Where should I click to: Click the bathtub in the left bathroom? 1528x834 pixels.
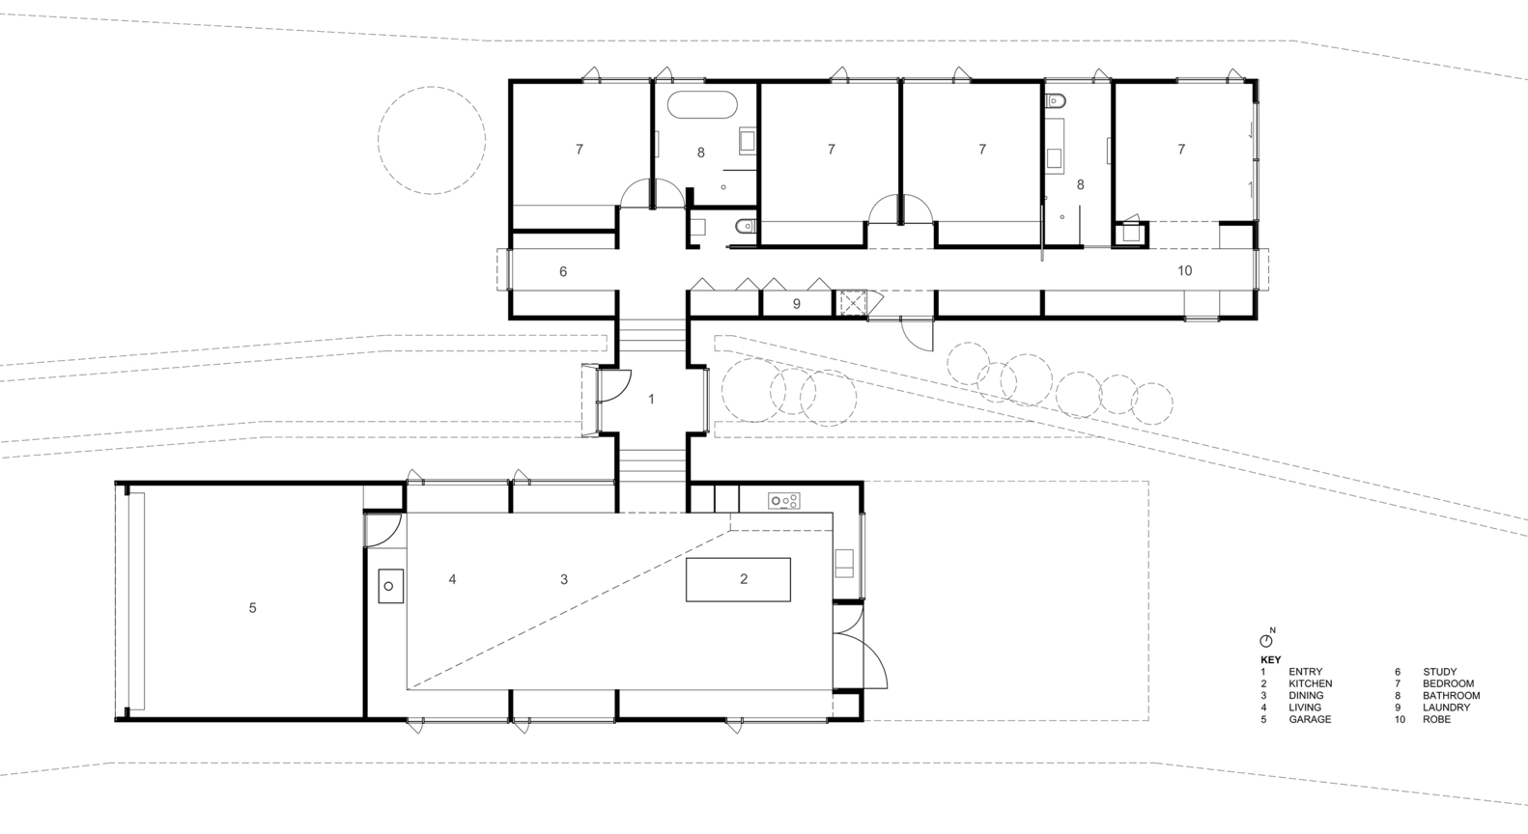(702, 105)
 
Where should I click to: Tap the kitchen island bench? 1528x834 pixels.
(738, 579)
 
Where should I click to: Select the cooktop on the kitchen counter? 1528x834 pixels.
(783, 501)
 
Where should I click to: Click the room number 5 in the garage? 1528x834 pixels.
(252, 607)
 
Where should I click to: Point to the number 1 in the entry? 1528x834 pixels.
(651, 399)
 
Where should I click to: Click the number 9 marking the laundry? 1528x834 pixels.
(796, 304)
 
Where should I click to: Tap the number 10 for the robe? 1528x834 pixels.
(1184, 270)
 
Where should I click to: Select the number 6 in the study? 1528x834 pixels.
(563, 271)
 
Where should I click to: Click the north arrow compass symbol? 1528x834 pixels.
(1266, 640)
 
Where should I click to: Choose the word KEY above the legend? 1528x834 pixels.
(1271, 659)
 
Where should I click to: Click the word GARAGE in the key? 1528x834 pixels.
(1310, 719)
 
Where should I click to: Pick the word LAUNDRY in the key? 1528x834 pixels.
(1446, 708)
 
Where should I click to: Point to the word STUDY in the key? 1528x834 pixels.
(1439, 672)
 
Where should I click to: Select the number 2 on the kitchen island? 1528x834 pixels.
(744, 579)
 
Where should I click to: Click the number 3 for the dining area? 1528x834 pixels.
(564, 579)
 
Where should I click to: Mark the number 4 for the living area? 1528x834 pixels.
(452, 579)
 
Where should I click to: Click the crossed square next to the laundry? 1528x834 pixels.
(852, 303)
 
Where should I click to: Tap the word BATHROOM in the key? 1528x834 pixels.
(1452, 696)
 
